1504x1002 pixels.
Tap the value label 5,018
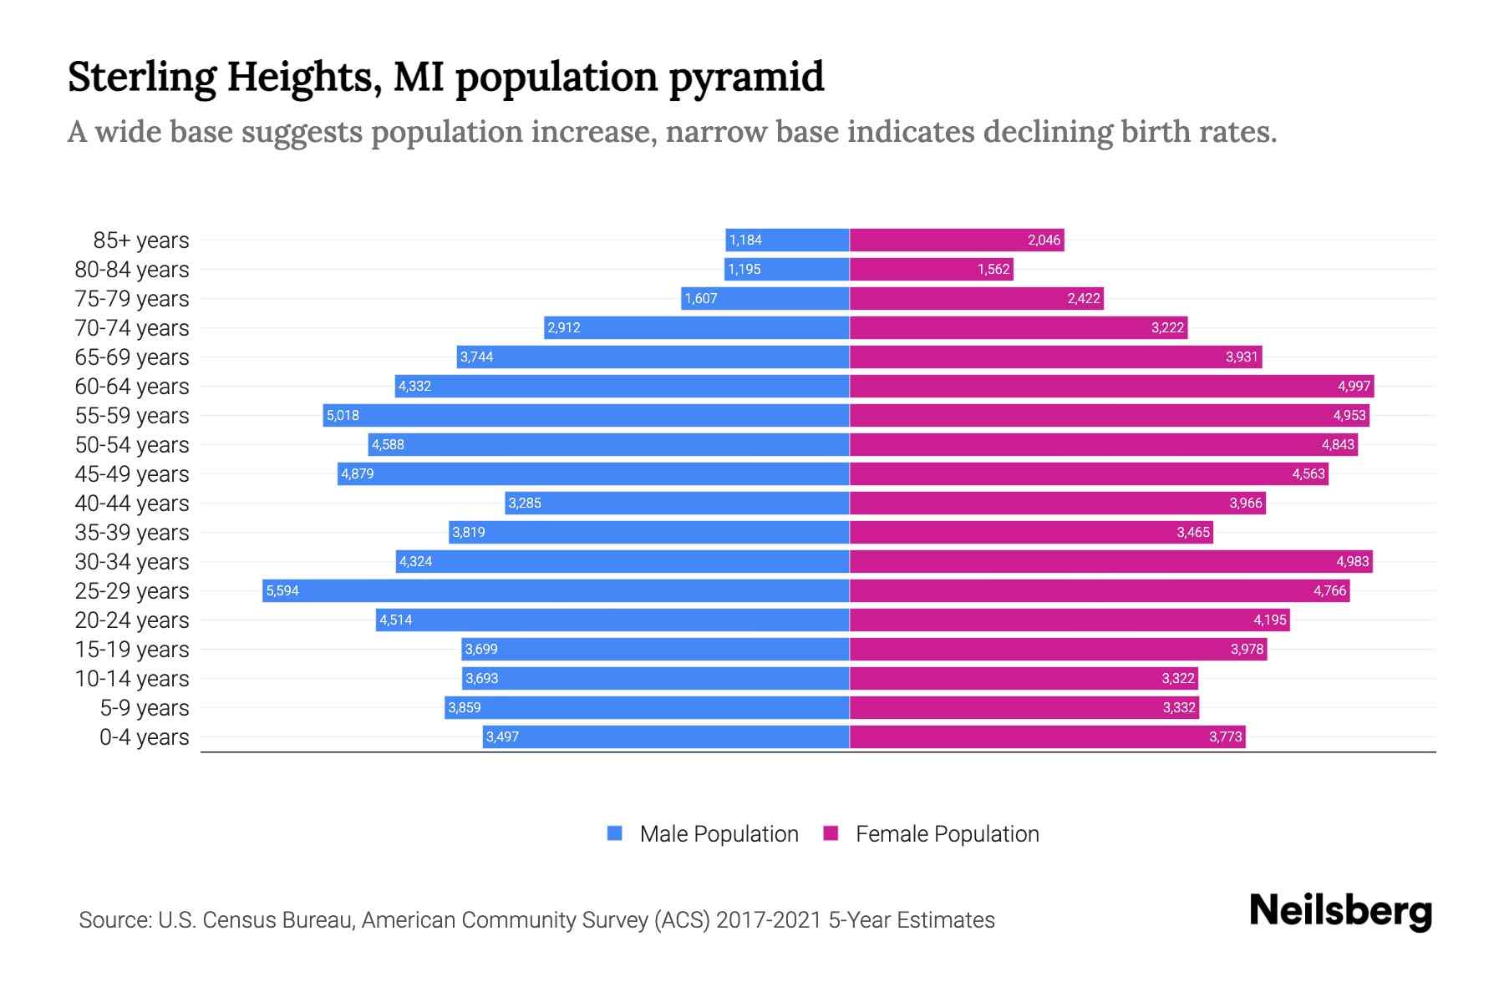tap(343, 415)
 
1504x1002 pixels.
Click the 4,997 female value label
tap(1354, 386)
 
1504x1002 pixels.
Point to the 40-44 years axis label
tap(132, 503)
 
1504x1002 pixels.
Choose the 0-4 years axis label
tap(144, 736)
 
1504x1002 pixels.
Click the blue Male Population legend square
tap(615, 833)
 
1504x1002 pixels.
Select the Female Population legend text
tap(947, 833)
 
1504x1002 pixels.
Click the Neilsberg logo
tap(1340, 910)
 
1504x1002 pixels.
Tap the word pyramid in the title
tap(745, 77)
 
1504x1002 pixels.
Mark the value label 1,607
tap(701, 298)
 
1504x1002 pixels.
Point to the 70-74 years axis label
tap(132, 327)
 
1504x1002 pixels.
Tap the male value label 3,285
tap(525, 503)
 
